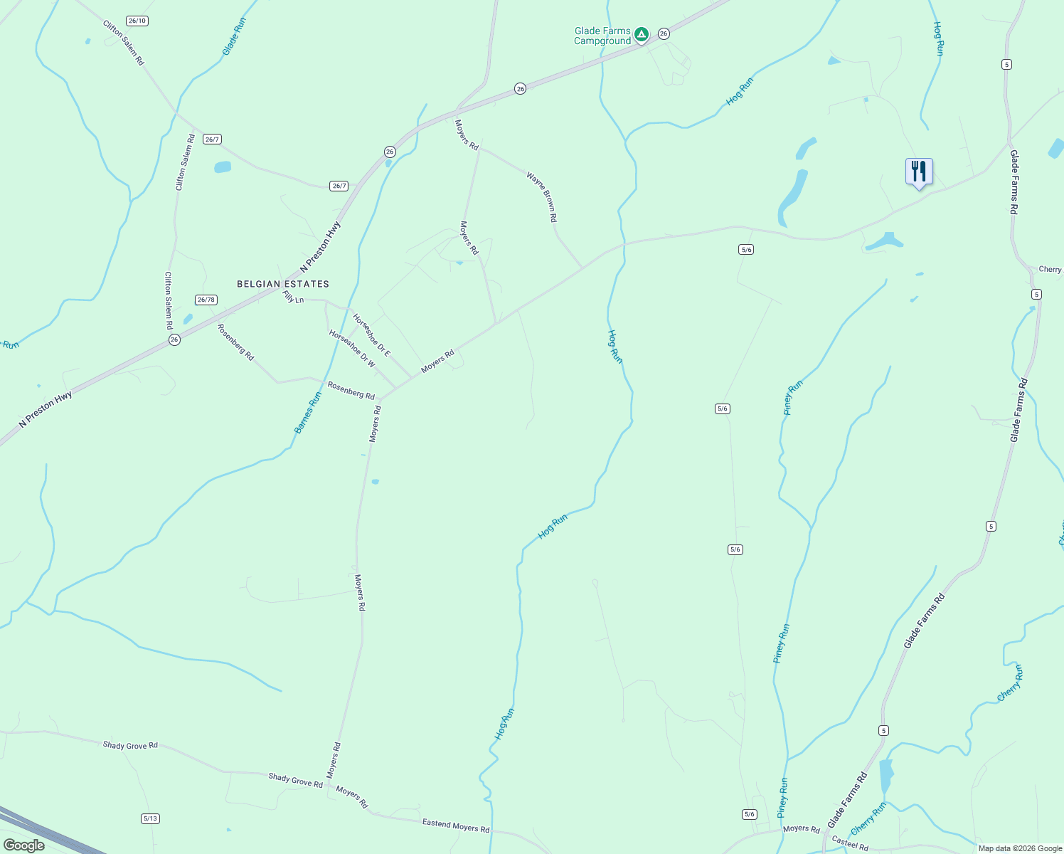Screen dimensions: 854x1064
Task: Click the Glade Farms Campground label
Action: coord(602,36)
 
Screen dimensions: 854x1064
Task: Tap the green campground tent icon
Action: coord(641,34)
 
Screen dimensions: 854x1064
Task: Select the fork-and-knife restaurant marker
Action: coord(919,172)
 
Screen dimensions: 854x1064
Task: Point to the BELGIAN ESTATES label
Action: coord(283,284)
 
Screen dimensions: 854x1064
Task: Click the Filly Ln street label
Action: coord(293,297)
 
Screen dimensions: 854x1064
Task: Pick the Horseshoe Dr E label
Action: coord(372,334)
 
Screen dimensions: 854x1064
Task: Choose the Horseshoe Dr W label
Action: coord(352,348)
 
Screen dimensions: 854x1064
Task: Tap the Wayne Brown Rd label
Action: coord(542,196)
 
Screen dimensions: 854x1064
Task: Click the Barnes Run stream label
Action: coord(308,413)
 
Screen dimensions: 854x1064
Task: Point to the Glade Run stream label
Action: coord(234,36)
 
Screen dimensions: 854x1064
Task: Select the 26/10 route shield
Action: coord(137,21)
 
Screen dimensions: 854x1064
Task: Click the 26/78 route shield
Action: coord(206,300)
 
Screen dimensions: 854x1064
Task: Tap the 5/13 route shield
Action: coord(150,818)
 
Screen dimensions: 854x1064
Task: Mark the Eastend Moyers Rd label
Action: coord(456,826)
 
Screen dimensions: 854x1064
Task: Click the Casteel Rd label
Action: coord(850,843)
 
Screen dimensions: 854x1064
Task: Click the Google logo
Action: coord(23,845)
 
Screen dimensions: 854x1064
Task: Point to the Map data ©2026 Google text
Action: coord(1019,848)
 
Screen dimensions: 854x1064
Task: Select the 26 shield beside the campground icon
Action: coord(664,33)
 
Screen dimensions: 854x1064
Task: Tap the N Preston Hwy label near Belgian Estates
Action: coord(321,247)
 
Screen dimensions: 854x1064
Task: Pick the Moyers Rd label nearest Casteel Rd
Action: coord(802,828)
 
